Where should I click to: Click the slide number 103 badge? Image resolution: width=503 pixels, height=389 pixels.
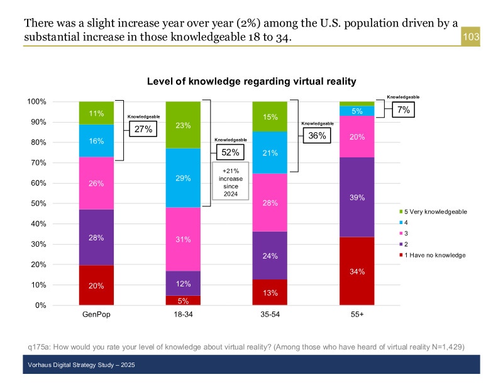coord(471,37)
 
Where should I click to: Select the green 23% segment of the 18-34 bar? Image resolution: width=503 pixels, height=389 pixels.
coord(183,125)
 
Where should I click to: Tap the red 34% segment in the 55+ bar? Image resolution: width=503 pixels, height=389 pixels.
coord(357,271)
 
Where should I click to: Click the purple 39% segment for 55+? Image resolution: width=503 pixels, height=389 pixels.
coord(357,197)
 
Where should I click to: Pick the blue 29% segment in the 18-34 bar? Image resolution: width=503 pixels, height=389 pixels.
coord(183,178)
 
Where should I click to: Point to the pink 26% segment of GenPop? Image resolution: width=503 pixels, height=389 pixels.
coord(96,183)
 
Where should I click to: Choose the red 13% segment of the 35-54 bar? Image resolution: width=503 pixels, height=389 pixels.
coord(270,292)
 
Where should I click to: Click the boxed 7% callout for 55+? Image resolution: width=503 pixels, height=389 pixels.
coord(402,110)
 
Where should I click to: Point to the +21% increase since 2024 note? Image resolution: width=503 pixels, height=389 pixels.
coord(231,183)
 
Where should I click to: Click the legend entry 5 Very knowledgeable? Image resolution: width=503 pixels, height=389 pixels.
coord(435,211)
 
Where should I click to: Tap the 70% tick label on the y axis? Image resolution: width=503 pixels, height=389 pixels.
coord(36,163)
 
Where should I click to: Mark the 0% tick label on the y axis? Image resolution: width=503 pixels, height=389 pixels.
coord(39,305)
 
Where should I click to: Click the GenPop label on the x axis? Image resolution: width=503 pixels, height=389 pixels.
coord(96,314)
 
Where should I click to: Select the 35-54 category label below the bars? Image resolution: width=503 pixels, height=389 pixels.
coord(270,314)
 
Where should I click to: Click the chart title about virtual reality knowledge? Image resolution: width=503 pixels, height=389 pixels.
coord(251,81)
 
